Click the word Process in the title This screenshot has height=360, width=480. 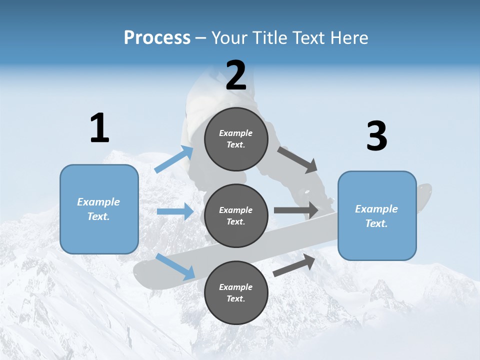(157, 37)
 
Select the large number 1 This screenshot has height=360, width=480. (99, 128)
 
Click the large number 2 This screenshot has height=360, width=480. (236, 75)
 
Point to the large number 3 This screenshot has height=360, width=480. (376, 136)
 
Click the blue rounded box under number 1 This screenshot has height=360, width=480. (99, 209)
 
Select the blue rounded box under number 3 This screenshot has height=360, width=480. (377, 215)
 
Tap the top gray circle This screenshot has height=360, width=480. (236, 139)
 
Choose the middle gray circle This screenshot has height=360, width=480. (236, 215)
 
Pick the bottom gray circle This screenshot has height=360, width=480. (236, 292)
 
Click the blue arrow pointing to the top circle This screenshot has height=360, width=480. (174, 159)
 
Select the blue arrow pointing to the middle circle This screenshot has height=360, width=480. (175, 211)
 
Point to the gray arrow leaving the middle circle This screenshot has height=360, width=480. (296, 210)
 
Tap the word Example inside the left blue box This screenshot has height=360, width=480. (98, 202)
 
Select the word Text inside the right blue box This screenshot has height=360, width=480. (376, 223)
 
